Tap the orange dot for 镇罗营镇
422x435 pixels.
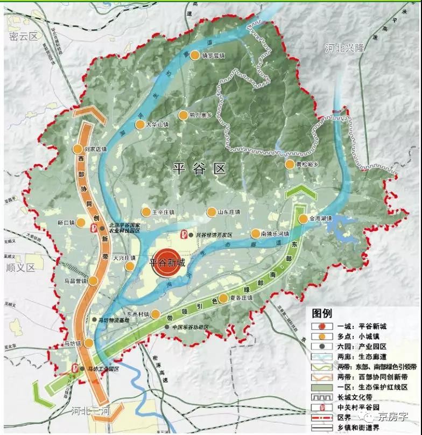click(194, 55)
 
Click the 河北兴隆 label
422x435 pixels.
click(344, 48)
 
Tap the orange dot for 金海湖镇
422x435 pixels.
click(303, 219)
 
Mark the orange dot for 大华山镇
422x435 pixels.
click(141, 124)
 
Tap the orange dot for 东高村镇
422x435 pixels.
click(156, 314)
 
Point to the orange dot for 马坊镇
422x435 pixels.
click(88, 343)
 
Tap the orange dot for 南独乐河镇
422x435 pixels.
click(255, 234)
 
